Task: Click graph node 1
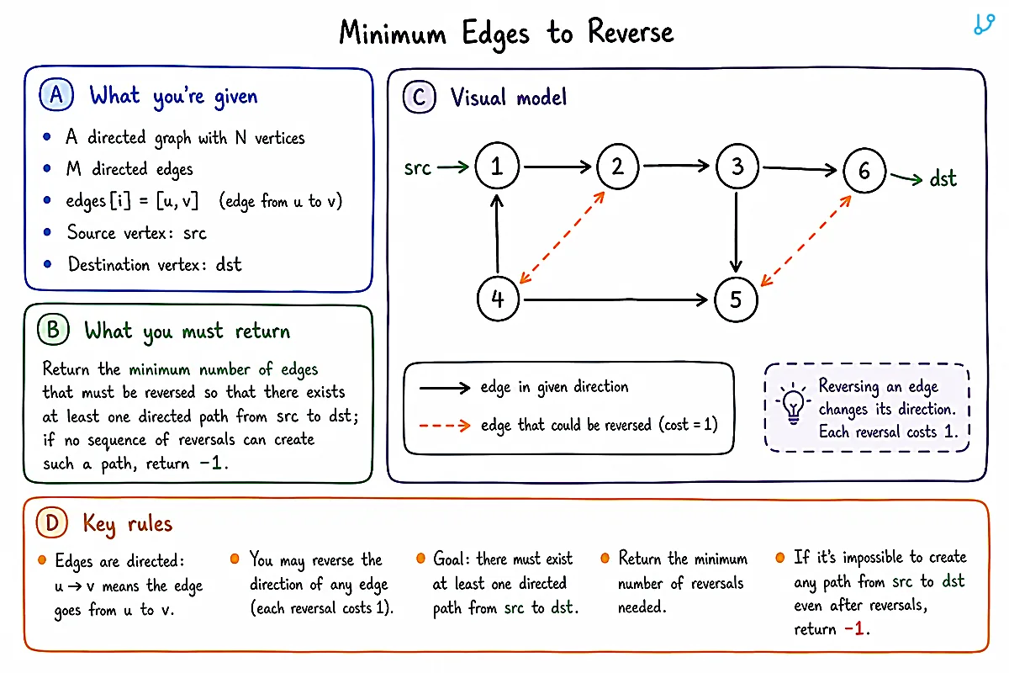497,166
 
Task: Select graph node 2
617,167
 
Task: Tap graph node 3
737,167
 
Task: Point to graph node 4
498,299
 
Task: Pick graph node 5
736,299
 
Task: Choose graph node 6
864,171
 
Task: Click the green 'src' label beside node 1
418,168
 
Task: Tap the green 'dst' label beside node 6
943,178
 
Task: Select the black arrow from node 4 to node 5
615,299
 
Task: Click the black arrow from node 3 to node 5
736,232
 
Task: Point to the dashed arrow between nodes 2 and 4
563,237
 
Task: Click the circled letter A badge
56,95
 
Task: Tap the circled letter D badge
52,523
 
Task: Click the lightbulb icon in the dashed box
793,404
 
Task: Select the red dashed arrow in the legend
445,425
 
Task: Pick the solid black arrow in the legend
445,387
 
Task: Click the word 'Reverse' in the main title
631,33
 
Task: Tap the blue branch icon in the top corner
984,24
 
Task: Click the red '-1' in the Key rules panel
854,628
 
